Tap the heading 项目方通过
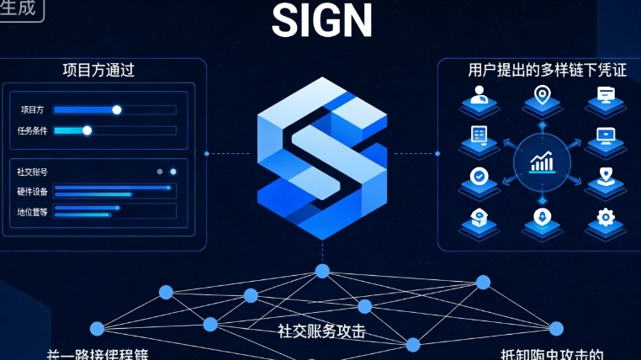98,71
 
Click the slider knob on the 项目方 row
117,109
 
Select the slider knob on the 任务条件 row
87,130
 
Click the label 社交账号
33,172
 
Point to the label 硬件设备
33,191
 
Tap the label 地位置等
33,210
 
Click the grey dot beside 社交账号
160,172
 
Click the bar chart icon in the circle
542,161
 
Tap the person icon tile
479,97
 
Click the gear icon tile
605,219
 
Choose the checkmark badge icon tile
479,177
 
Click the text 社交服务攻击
322,331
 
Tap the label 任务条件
33,131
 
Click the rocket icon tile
542,219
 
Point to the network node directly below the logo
321,270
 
